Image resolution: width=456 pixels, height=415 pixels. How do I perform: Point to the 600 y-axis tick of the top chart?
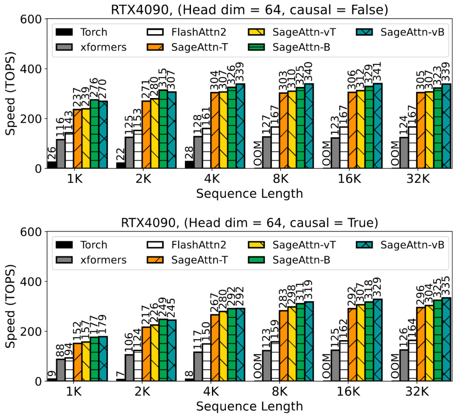pyautogui.click(x=32, y=19)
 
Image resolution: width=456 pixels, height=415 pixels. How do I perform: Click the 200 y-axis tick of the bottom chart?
pyautogui.click(x=32, y=331)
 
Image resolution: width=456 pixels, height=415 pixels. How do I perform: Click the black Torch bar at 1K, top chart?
pyautogui.click(x=52, y=165)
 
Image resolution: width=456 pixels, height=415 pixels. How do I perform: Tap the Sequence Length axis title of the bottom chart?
pyautogui.click(x=250, y=407)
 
